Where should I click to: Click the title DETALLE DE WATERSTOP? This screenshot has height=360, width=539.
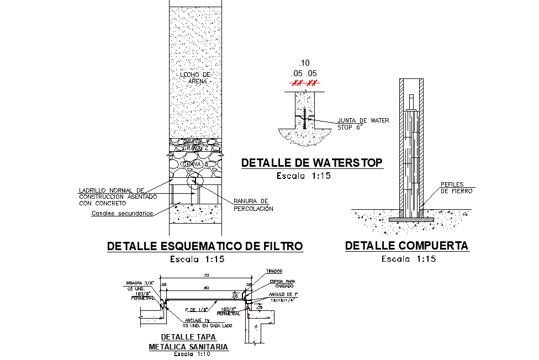[x=312, y=163]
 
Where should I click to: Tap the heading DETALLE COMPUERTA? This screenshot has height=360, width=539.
[x=406, y=246]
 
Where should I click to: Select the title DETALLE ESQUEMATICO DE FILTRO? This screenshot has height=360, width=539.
[x=205, y=246]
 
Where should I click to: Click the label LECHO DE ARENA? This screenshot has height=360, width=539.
[x=195, y=77]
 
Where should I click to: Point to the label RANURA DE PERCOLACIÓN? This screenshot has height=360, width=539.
[x=253, y=205]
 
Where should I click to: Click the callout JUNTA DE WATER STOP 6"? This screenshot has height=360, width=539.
[x=363, y=124]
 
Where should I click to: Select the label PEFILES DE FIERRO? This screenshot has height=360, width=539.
[x=456, y=187]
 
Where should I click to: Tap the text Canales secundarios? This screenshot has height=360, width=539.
[x=122, y=213]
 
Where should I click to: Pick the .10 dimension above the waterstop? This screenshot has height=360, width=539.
[x=304, y=62]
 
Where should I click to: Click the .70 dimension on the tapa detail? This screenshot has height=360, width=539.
[x=205, y=275]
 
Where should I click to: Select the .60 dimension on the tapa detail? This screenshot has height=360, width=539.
[x=205, y=288]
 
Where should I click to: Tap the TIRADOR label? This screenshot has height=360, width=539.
[x=274, y=272]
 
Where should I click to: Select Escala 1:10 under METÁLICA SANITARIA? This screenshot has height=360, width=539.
[x=189, y=354]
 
